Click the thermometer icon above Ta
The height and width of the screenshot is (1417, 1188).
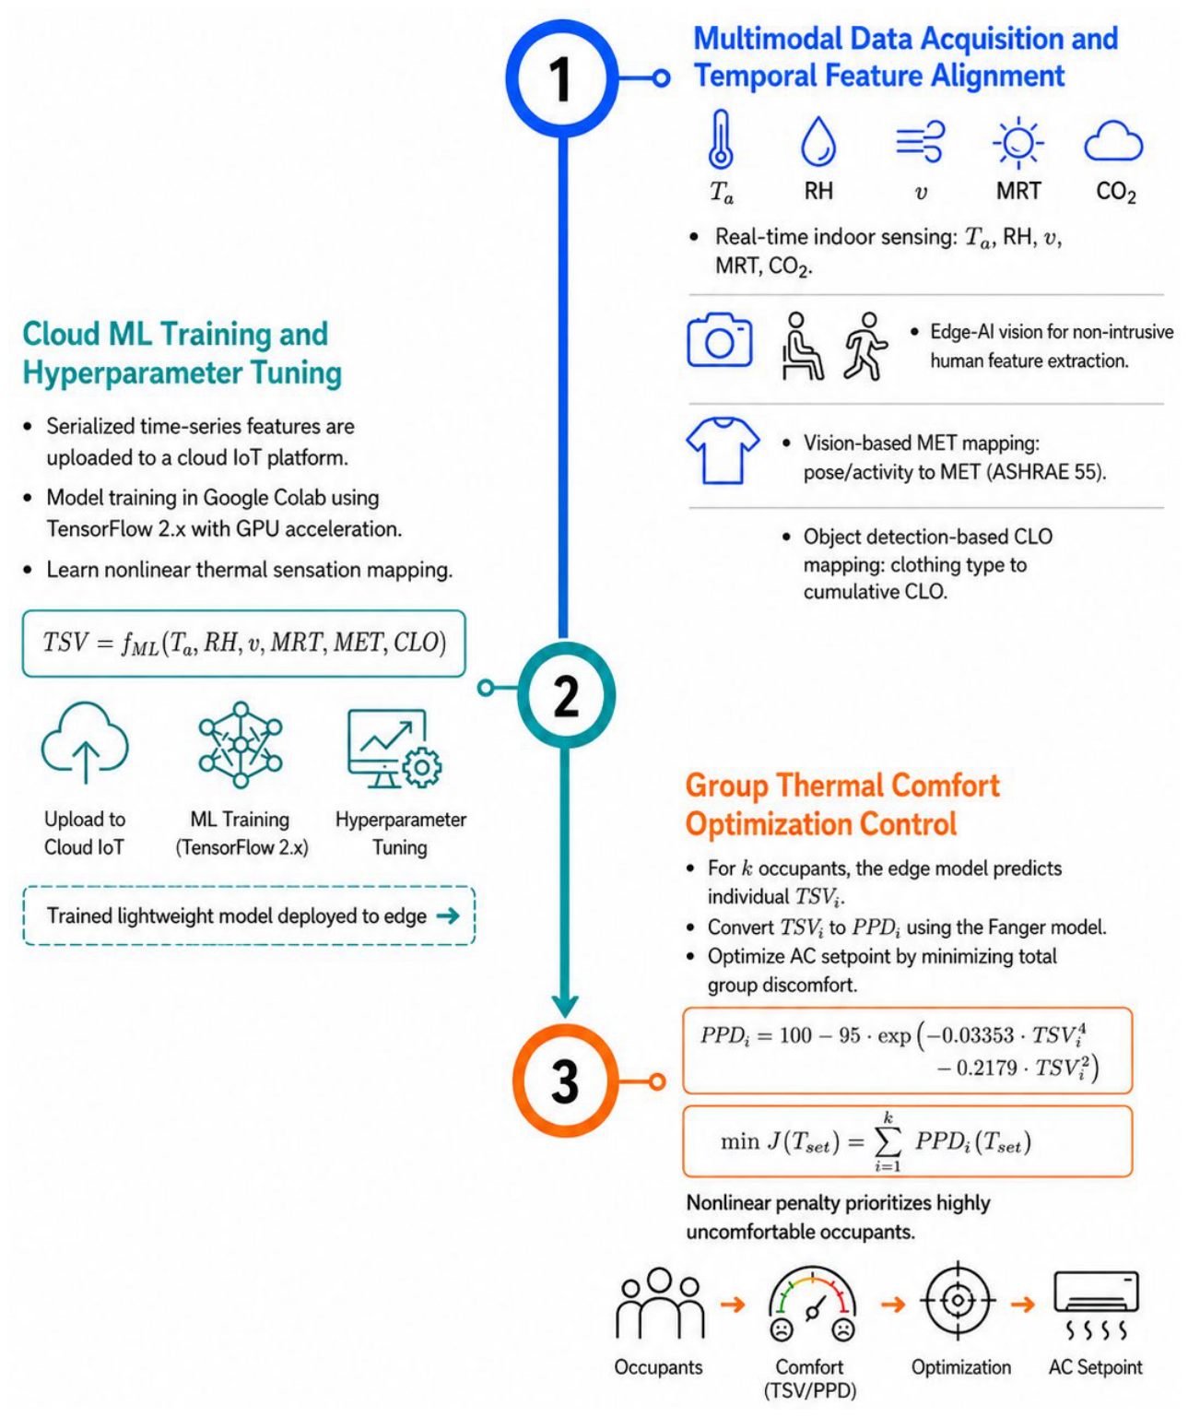(x=721, y=139)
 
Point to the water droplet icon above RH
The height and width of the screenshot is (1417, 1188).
(x=818, y=141)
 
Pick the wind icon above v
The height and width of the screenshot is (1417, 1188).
(x=920, y=141)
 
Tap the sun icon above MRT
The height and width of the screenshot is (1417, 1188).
(x=1017, y=143)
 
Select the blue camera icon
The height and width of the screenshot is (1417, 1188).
(x=719, y=339)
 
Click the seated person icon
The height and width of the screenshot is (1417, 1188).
(x=801, y=346)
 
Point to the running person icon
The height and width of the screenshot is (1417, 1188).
(x=865, y=346)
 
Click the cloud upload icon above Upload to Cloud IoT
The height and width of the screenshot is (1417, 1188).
(x=85, y=742)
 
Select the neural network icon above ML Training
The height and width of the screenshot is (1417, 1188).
(x=241, y=745)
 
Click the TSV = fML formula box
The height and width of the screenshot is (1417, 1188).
(x=243, y=644)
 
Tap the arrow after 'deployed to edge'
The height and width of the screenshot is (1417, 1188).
(x=447, y=916)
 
